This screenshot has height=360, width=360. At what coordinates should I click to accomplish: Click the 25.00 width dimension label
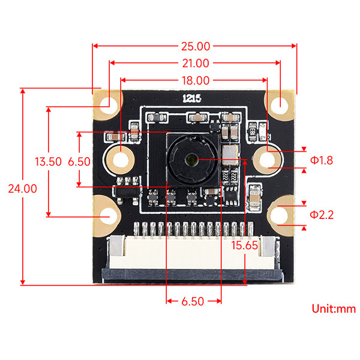tap(195, 46)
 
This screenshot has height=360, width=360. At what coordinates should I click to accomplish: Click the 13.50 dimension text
tap(48, 161)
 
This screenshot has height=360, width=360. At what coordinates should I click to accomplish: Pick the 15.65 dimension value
tap(247, 245)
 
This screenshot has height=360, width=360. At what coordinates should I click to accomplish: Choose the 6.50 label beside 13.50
tap(79, 161)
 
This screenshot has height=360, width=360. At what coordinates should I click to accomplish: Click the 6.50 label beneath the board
tap(193, 301)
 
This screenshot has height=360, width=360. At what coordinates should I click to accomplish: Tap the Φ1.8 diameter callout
tap(321, 160)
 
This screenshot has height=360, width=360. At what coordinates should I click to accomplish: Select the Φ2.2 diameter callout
tap(321, 214)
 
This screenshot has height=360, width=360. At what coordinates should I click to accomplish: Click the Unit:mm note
tap(334, 309)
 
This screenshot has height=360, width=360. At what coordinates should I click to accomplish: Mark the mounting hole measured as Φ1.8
tap(268, 160)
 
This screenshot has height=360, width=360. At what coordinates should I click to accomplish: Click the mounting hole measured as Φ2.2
tap(281, 215)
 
